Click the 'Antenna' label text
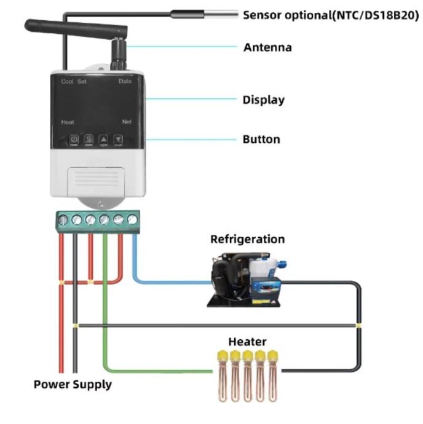[267, 47]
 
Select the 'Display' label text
[263, 100]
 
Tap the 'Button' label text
[261, 139]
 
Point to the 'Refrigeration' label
[247, 239]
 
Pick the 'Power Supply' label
[73, 385]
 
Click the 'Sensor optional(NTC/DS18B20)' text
[331, 15]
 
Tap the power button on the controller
[73, 139]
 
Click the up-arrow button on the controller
[103, 139]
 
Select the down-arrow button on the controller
[118, 139]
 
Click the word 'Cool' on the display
[67, 82]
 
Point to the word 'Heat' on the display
[68, 122]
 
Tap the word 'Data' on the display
[125, 82]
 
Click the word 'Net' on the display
[127, 122]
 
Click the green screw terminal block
[97, 219]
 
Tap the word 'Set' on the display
[82, 82]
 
